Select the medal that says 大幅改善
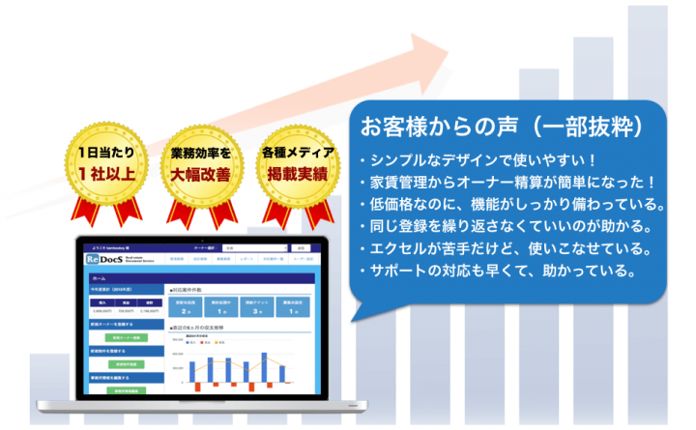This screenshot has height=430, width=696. pyautogui.click(x=200, y=165)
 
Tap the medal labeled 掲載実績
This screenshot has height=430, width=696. pyautogui.click(x=297, y=165)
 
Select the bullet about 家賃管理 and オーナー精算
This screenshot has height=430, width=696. pyautogui.click(x=507, y=183)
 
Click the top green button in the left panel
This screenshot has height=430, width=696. pyautogui.click(x=123, y=337)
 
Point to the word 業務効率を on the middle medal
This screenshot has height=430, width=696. pyautogui.click(x=200, y=154)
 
